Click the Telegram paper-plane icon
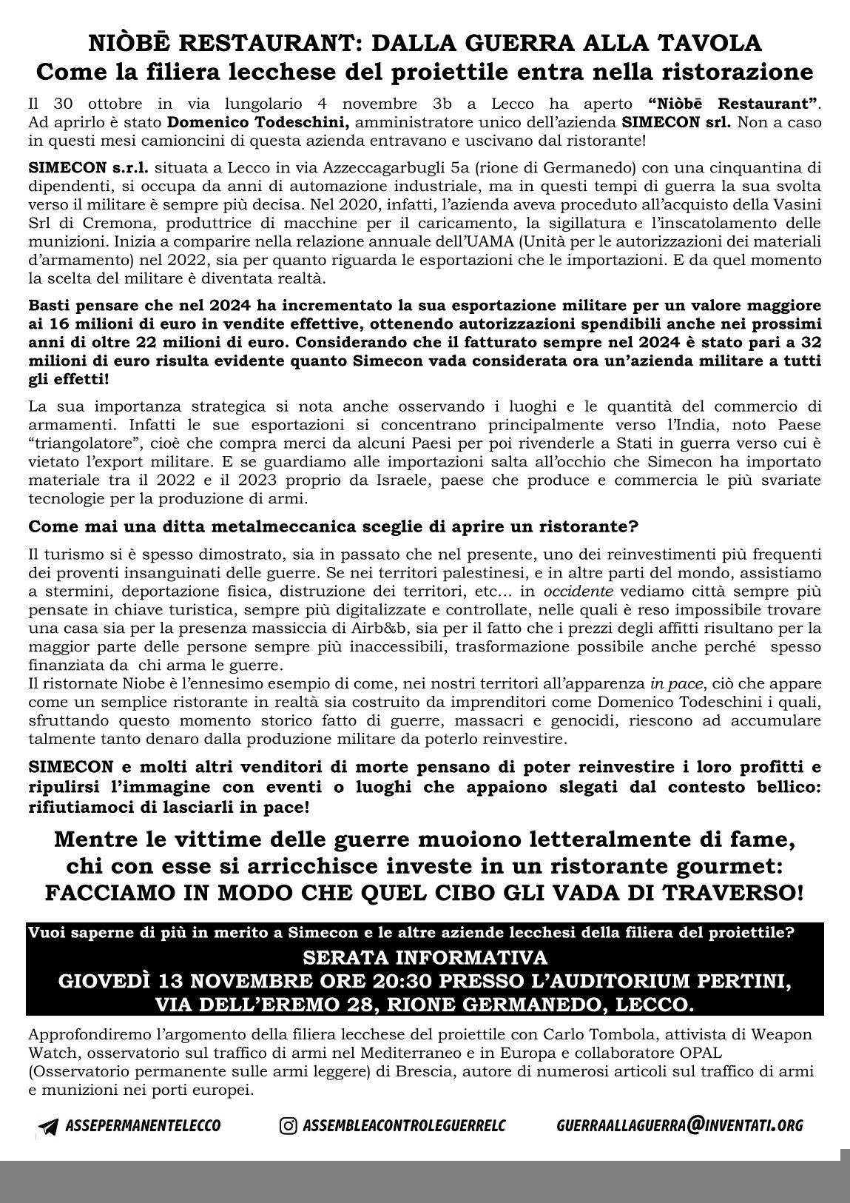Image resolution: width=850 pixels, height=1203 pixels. tap(49, 1127)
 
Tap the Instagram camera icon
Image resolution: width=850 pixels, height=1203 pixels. tap(289, 1126)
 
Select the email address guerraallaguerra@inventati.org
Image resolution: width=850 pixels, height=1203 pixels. tap(679, 1125)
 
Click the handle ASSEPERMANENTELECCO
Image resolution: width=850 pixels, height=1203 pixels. tap(143, 1126)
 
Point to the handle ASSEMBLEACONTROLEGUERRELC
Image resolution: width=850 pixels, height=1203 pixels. tap(404, 1126)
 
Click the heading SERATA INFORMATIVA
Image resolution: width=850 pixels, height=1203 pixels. tap(425, 958)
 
